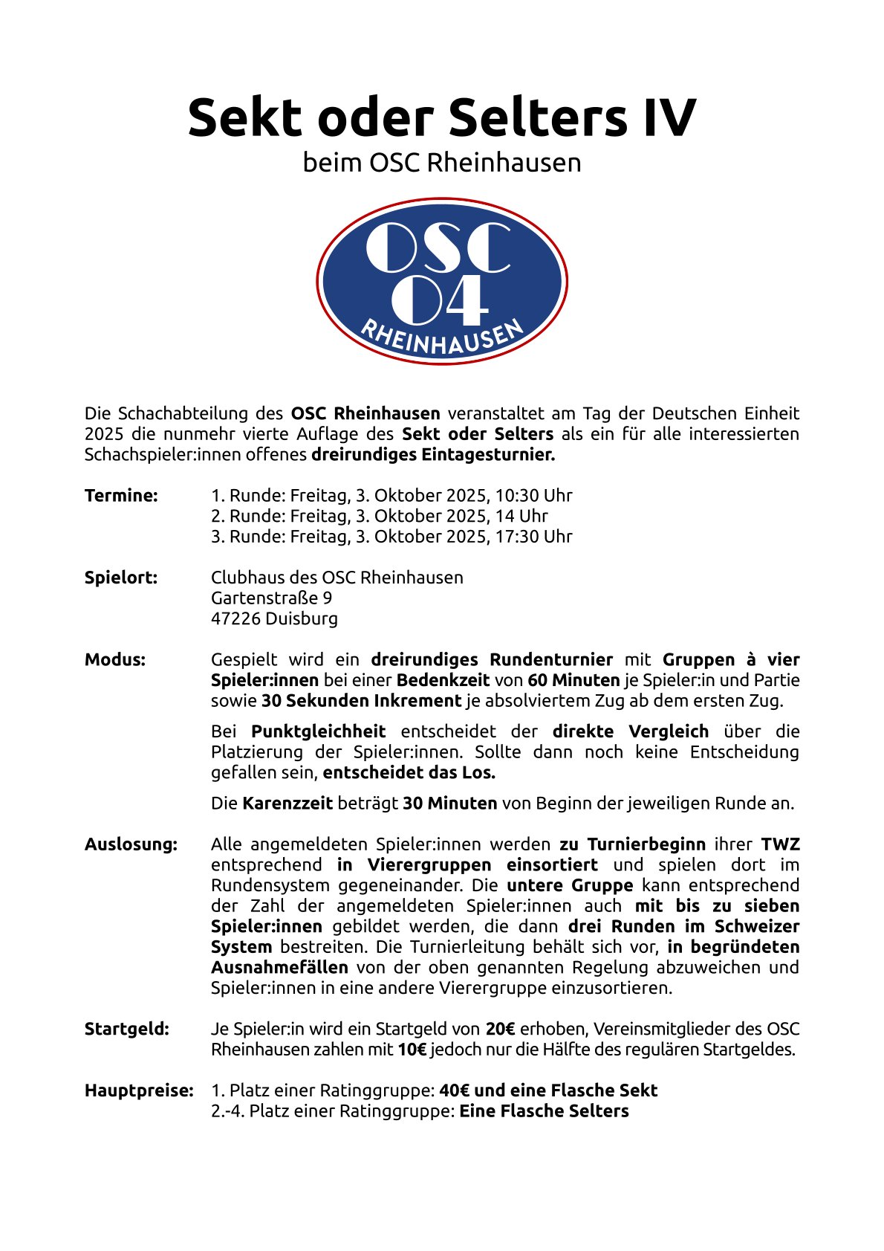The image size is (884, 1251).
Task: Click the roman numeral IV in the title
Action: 669,117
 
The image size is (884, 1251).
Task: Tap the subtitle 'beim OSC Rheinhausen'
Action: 441,163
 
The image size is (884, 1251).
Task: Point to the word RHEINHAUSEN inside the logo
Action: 442,337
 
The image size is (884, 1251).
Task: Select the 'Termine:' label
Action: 121,496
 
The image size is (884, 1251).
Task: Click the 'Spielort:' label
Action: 121,578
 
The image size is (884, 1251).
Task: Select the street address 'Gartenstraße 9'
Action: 271,598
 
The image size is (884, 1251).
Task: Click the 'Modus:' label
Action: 115,659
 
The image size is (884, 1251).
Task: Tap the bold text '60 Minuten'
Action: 573,680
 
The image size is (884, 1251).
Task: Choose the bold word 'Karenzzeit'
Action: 287,804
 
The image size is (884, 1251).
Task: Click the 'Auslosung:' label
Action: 131,844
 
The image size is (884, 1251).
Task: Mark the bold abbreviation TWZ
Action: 780,844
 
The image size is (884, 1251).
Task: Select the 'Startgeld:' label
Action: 127,1029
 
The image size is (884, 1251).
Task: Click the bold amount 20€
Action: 500,1029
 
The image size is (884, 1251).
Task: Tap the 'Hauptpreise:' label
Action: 139,1091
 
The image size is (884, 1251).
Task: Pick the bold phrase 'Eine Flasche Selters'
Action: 544,1111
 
